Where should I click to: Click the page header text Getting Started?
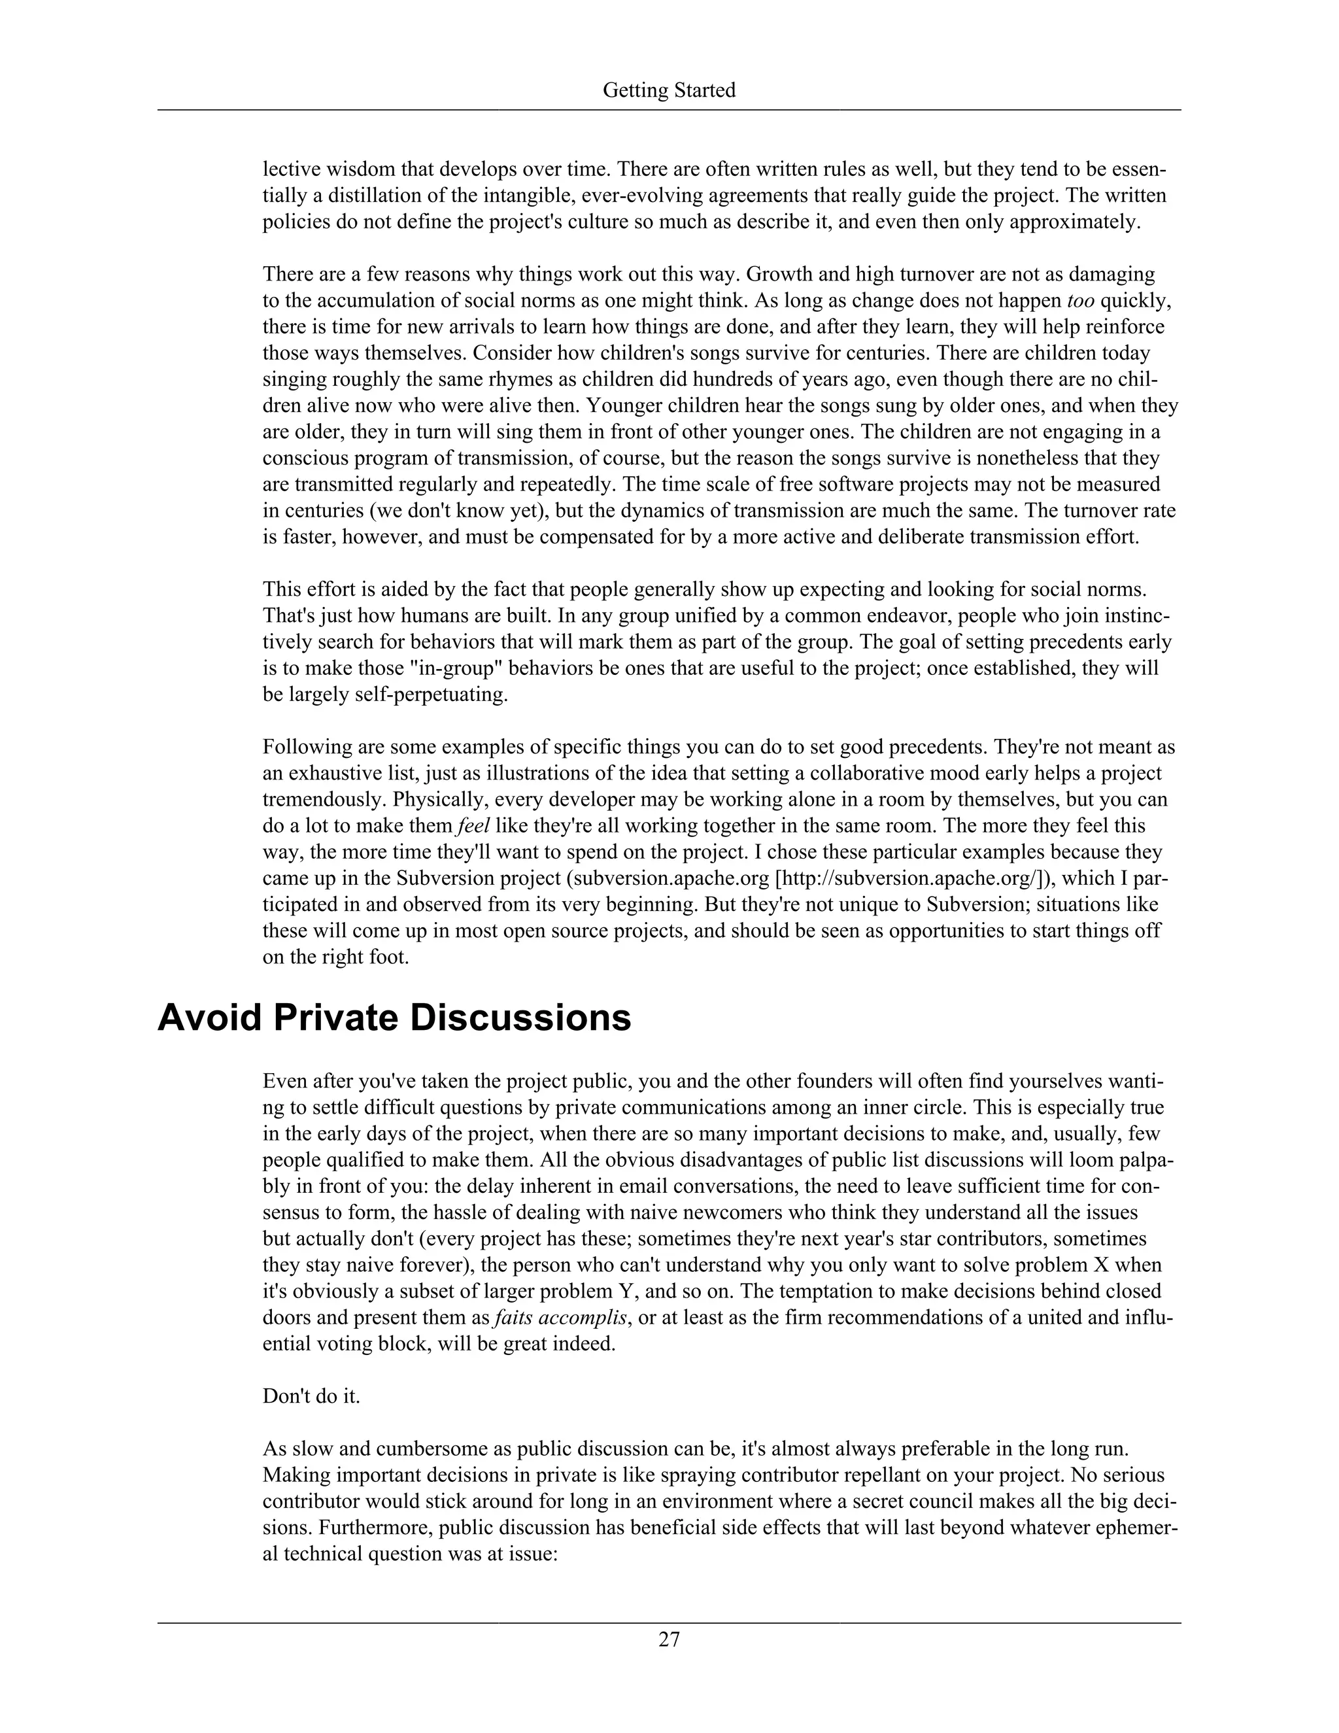click(669, 90)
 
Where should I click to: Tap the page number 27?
click(669, 1639)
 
